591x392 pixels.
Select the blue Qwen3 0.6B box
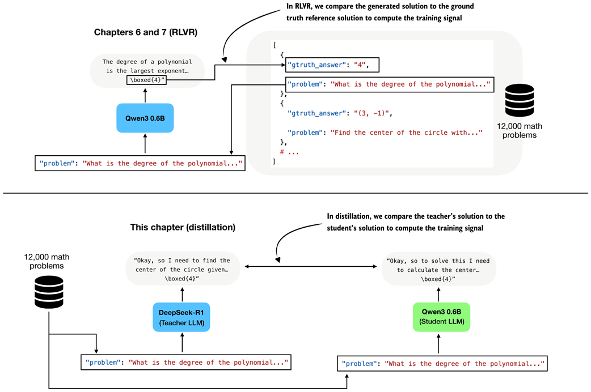tap(145, 118)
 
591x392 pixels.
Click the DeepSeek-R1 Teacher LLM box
tap(182, 317)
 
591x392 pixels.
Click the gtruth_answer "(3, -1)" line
tap(340, 113)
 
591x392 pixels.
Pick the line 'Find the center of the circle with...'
tap(385, 132)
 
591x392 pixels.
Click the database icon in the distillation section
tap(49, 292)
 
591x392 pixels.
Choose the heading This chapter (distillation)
tap(183, 227)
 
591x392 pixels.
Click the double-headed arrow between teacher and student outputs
tap(310, 266)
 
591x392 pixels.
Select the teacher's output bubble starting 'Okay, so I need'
tap(182, 270)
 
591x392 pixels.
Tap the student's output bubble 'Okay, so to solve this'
tap(438, 270)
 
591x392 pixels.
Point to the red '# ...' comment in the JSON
tap(289, 152)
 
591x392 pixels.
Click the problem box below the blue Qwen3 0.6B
tap(140, 164)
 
